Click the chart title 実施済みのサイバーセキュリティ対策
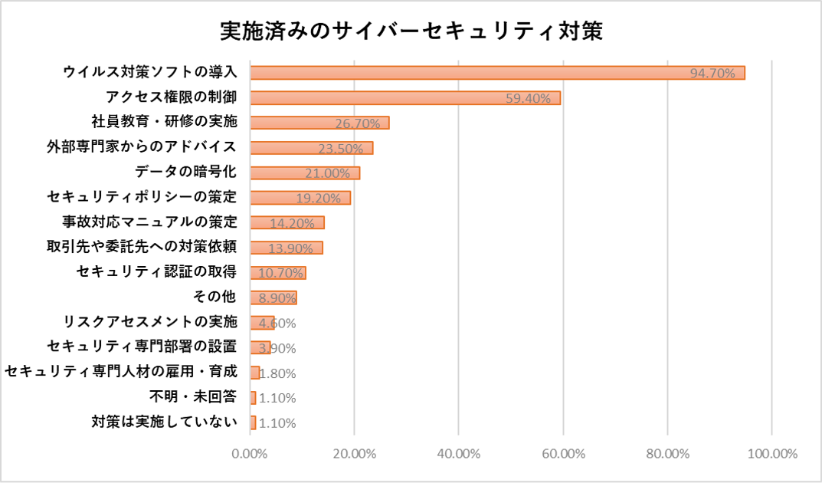(411, 31)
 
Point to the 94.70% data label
(712, 74)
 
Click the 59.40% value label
(529, 99)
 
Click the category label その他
(216, 297)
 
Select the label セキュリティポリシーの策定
(142, 197)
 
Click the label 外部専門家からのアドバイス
(142, 146)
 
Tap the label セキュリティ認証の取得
(157, 272)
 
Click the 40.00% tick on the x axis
(458, 453)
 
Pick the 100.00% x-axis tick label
(771, 453)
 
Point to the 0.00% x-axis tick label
(250, 453)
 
